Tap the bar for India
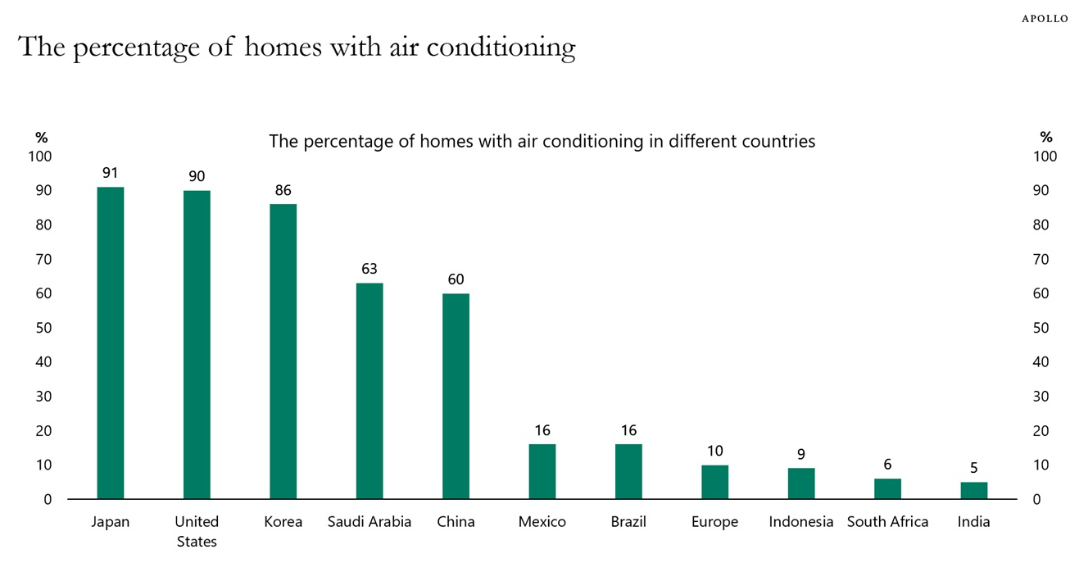974,490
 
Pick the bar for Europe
715,482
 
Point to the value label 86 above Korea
283,191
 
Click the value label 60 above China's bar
456,280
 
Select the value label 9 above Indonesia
801,455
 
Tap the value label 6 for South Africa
887,465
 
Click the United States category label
197,531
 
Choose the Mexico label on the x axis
542,522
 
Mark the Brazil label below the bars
628,522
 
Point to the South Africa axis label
887,522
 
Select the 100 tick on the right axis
1045,157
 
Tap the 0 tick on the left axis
47,499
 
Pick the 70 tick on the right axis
1041,260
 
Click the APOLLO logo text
1044,19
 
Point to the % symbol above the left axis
41,138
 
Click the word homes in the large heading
283,48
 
